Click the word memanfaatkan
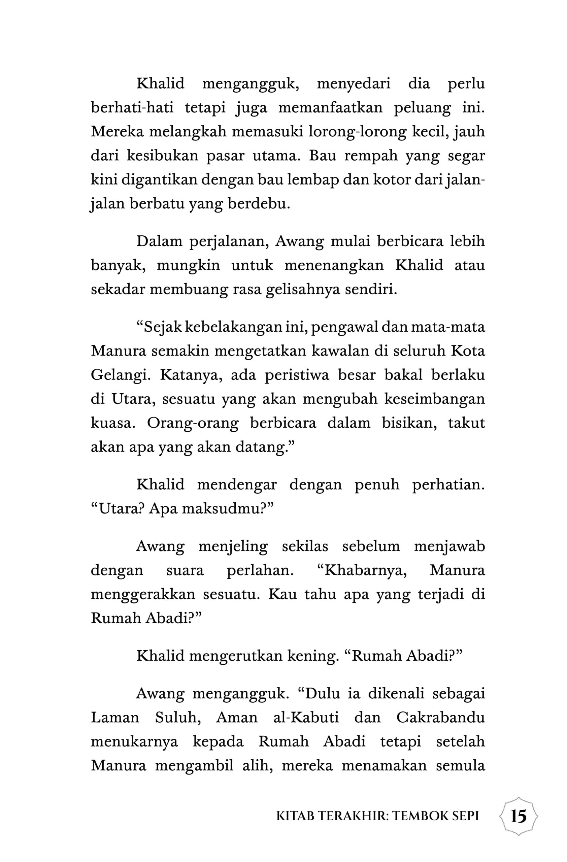[x=330, y=108]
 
